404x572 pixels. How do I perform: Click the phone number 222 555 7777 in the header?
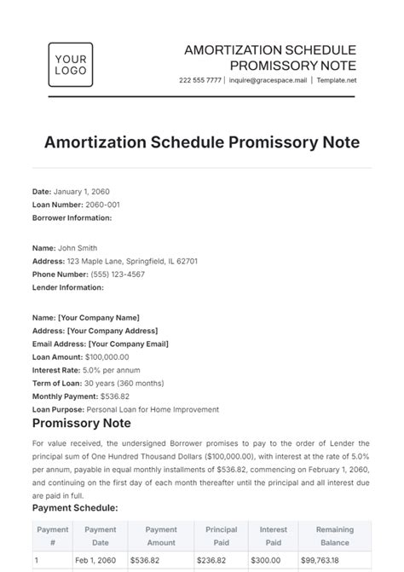pos(199,80)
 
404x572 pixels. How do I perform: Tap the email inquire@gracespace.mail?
pos(268,80)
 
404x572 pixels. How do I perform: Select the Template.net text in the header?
pos(338,80)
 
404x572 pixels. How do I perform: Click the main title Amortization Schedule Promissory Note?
pos(202,141)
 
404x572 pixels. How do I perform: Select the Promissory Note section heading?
pos(81,424)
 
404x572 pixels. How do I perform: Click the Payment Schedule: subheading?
pos(75,507)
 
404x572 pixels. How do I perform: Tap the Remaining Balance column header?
pos(334,535)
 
